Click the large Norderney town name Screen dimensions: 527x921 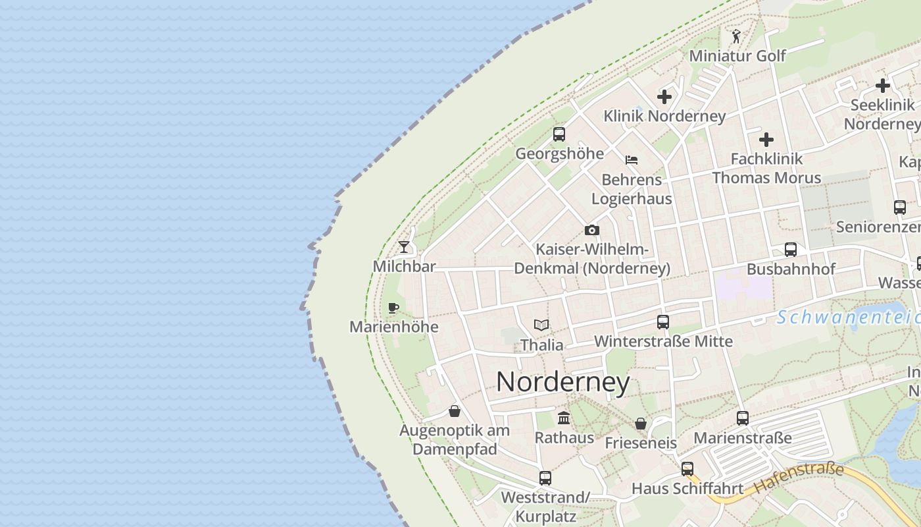[563, 382]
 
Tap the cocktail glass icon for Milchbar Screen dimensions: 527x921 [404, 247]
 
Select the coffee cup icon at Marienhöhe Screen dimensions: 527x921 [393, 308]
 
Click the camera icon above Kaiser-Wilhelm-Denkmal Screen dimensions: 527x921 [592, 230]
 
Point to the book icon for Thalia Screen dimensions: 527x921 [541, 325]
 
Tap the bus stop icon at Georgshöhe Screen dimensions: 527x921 [559, 134]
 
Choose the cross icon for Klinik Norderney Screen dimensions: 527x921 [664, 97]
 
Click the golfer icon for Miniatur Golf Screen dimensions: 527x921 [736, 36]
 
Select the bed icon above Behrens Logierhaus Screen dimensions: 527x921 [632, 159]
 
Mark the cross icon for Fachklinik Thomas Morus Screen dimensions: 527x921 [766, 140]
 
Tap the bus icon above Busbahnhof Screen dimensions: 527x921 [791, 250]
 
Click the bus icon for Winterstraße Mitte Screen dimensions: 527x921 [663, 322]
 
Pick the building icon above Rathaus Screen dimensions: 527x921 [564, 418]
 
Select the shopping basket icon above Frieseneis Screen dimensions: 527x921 [641, 424]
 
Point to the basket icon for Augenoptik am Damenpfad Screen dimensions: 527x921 [454, 412]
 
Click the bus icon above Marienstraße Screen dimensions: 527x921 [743, 418]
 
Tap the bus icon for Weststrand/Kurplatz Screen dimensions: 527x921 [545, 478]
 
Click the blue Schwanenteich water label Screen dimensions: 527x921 [849, 318]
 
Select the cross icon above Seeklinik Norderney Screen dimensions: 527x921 [883, 86]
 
